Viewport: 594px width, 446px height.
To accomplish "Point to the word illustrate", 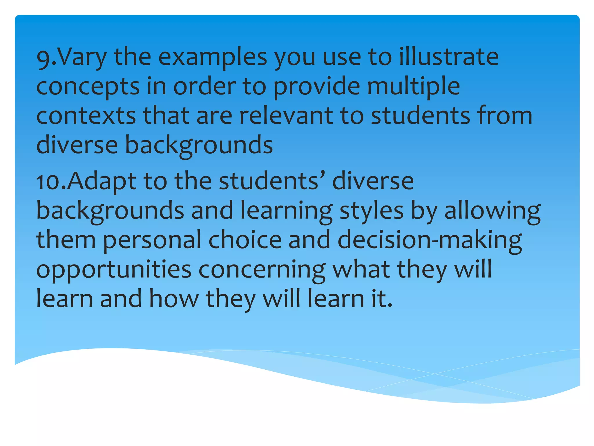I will coord(449,57).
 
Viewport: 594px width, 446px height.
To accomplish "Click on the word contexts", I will coord(86,116).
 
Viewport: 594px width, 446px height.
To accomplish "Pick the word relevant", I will coord(286,116).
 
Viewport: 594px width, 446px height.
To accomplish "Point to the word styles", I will coord(372,211).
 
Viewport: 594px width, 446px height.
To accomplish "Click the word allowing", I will coord(492,211).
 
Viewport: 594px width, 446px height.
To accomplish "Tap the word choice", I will coord(245,240).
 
